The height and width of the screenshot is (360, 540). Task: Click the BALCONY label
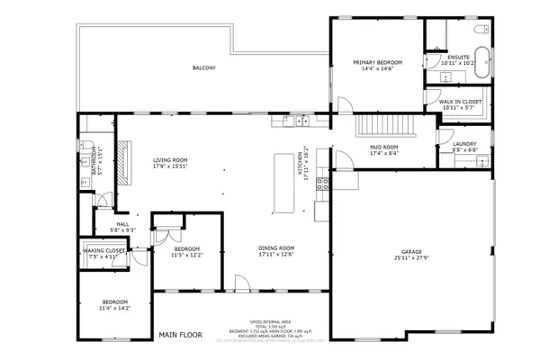[x=203, y=67]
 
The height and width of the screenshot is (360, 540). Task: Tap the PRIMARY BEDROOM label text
[x=377, y=62]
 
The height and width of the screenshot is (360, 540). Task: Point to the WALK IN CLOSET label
[x=460, y=103]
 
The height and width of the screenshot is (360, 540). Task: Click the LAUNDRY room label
[x=464, y=144]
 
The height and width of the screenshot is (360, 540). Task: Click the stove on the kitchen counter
[x=321, y=184]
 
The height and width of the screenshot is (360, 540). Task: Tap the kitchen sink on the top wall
[x=293, y=118]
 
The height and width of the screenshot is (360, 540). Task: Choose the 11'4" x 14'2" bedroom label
[x=114, y=303]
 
